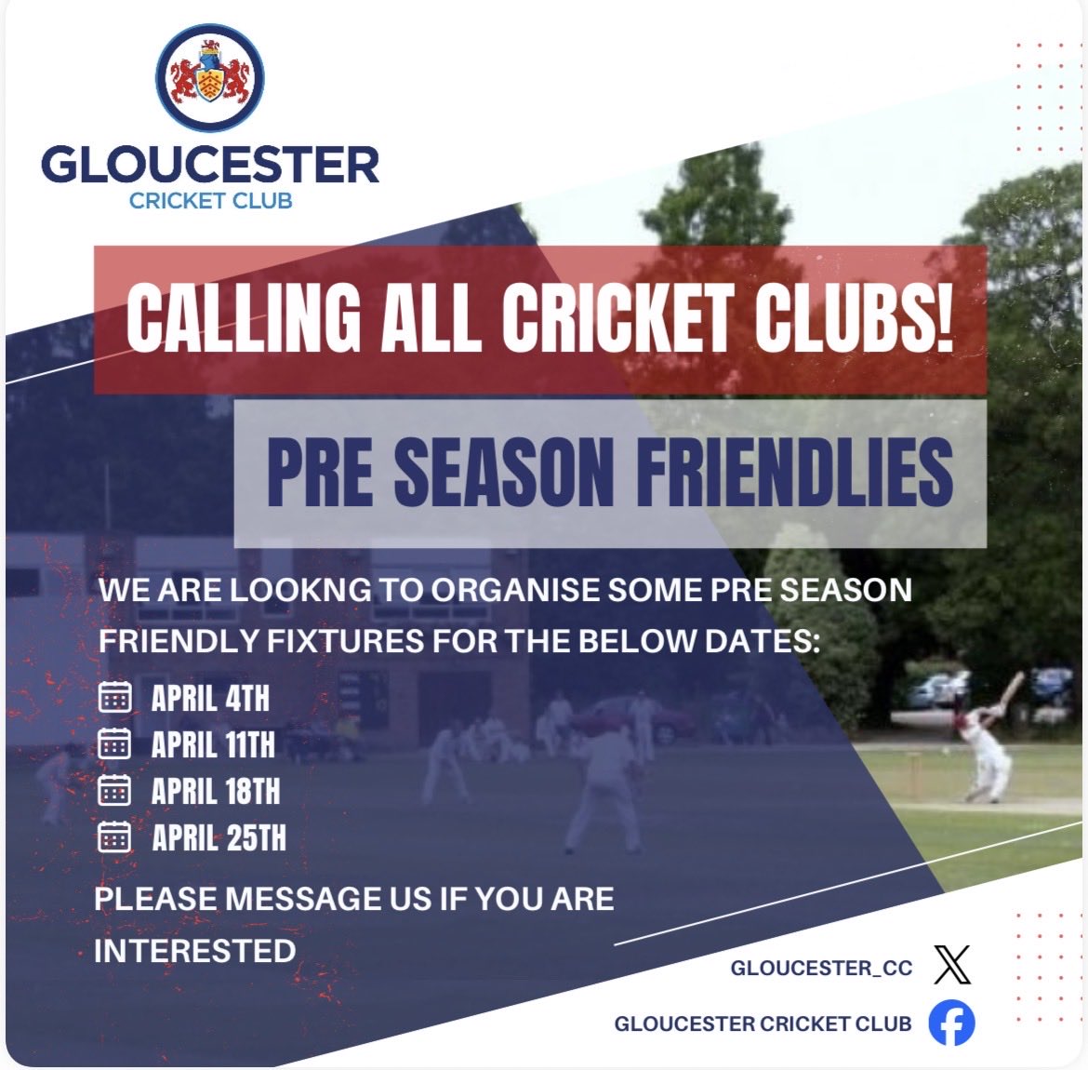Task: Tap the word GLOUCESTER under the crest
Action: click(x=210, y=165)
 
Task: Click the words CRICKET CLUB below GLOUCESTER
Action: click(x=210, y=200)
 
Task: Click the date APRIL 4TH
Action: click(x=210, y=698)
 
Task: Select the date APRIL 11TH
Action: click(x=213, y=744)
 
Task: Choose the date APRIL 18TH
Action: click(x=215, y=791)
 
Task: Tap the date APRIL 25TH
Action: click(x=219, y=837)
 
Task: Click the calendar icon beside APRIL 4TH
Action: click(x=114, y=697)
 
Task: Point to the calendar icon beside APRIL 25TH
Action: click(x=114, y=836)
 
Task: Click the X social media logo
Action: click(x=951, y=965)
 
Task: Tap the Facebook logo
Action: click(x=951, y=1023)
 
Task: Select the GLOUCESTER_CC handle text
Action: click(x=821, y=968)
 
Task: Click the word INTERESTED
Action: click(x=195, y=951)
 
